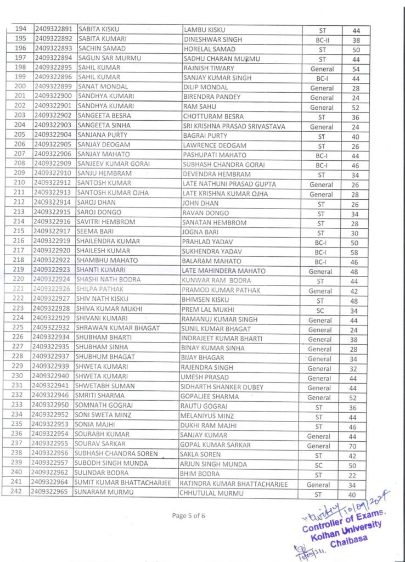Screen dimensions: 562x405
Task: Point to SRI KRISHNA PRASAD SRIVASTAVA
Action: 234,127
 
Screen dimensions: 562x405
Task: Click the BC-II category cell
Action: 322,40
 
